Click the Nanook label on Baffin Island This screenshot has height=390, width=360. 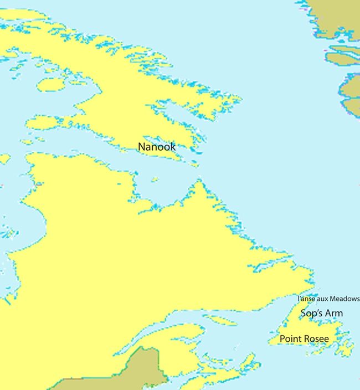pyautogui.click(x=157, y=147)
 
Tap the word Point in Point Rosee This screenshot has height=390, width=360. pyautogui.click(x=291, y=338)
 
